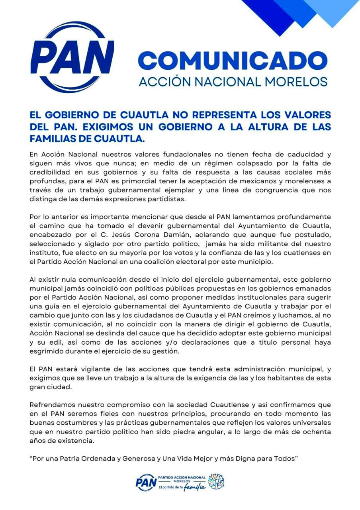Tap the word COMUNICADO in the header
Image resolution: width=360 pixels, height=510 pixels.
click(233, 60)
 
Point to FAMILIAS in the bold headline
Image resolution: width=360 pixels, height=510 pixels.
click(55, 139)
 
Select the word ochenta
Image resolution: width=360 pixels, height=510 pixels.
click(317, 432)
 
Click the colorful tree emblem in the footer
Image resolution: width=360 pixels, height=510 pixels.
click(217, 481)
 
